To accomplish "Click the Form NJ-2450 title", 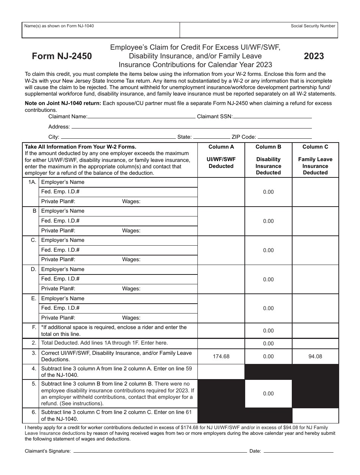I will point(62,56).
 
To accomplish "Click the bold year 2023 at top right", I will point(314,56).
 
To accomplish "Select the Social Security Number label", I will point(313,26).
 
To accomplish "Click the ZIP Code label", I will point(244,137).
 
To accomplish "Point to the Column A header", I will point(221,147).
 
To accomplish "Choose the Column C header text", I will point(315,147).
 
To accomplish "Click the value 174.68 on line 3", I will point(221,356).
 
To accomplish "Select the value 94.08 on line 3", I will point(315,356).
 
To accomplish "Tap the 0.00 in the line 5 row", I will point(268,393).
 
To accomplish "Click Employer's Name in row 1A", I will point(63,182).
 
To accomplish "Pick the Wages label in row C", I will point(131,260).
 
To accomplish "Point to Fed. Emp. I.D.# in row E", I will point(60,308).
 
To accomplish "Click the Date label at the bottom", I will point(255,451).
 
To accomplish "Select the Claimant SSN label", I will point(215,117).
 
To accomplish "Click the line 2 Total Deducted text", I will point(104,343).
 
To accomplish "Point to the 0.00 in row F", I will point(268,331).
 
